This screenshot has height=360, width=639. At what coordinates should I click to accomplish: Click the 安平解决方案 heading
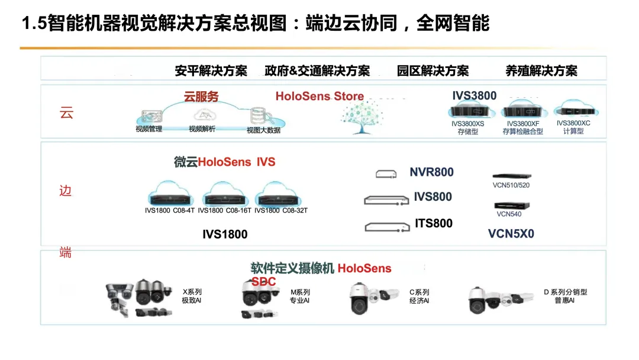point(211,71)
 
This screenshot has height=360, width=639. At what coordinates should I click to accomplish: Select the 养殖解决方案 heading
point(541,71)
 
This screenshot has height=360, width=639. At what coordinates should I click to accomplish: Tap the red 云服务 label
point(201,97)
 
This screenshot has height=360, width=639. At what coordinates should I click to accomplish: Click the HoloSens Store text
point(319,97)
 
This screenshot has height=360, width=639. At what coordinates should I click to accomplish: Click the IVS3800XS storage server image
point(467,110)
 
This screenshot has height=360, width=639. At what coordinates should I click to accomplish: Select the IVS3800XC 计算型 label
point(573,127)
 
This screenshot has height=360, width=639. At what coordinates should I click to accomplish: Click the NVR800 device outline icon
point(386,173)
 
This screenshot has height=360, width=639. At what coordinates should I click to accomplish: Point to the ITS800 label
point(433,223)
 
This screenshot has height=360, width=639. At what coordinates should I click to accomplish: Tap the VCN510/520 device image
point(511,176)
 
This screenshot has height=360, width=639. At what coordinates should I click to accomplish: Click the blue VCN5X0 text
point(511,234)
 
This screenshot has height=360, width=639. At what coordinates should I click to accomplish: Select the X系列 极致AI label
point(192,296)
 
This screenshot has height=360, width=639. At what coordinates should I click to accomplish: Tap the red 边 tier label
point(66,191)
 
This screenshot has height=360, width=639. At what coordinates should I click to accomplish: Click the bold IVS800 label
point(433,197)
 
